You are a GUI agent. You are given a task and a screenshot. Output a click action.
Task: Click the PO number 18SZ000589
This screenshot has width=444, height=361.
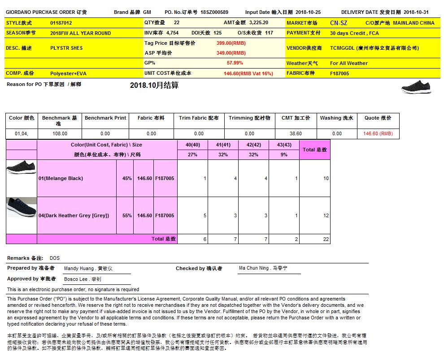pos(214,12)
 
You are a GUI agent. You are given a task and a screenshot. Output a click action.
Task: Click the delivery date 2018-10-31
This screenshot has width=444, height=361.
pos(422,12)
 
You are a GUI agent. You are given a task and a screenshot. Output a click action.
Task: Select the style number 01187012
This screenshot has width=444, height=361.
pos(61,23)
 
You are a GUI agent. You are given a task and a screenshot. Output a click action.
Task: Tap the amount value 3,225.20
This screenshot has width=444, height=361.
pos(258,22)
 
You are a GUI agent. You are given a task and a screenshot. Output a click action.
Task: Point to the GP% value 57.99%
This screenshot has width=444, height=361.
pos(235,63)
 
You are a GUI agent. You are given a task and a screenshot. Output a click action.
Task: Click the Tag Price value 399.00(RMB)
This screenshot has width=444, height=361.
pos(231,43)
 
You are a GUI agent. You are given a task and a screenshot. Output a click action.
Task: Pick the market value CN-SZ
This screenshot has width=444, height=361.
pos(338,23)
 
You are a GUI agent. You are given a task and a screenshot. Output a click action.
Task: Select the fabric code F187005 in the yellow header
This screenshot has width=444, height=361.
pos(340,73)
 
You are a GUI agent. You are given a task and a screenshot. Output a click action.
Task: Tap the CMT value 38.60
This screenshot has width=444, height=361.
pos(296,133)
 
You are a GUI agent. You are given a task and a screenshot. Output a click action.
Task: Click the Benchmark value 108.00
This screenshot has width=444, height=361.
pos(60,133)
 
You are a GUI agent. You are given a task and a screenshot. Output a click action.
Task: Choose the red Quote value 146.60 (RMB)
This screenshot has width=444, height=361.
pos(378,133)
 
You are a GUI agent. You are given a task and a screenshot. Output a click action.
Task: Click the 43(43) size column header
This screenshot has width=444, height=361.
pos(284,145)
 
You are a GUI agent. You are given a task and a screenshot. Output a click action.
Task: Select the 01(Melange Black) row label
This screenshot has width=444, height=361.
pos(61,178)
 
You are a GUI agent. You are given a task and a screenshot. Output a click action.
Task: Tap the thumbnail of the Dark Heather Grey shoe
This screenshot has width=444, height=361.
pos(21,208)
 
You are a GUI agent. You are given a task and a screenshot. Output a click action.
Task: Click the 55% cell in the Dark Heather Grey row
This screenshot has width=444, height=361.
pos(127,215)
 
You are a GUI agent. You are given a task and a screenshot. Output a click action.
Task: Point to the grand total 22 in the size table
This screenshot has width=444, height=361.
pos(326,239)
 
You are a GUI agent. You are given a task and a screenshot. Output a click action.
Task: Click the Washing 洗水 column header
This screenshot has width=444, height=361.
pos(336,118)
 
